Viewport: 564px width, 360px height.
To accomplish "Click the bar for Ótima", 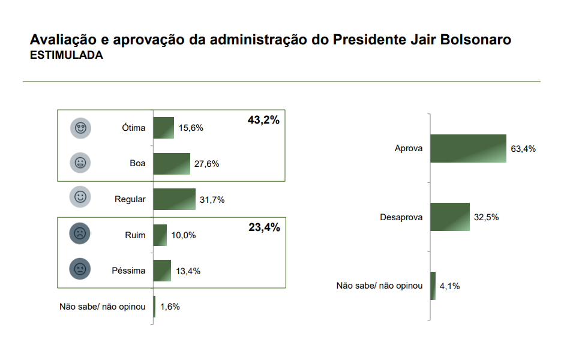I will click(x=164, y=128).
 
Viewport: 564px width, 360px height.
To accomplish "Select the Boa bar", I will click(x=172, y=163).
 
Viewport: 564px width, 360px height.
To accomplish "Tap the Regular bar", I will click(x=175, y=199).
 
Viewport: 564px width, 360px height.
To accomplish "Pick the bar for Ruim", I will click(x=160, y=235).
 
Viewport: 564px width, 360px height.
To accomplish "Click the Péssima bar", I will click(x=163, y=271).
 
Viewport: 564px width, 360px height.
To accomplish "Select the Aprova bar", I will click(x=468, y=149).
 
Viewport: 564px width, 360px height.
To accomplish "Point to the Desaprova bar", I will click(x=449, y=217).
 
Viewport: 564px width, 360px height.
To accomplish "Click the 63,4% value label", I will click(x=523, y=149).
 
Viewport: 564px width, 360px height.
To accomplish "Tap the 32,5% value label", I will click(x=486, y=217).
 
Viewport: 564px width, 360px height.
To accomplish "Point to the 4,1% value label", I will click(x=449, y=286).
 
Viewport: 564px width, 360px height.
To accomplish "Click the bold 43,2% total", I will click(x=264, y=120).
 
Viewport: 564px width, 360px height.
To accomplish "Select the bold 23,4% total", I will click(x=264, y=227).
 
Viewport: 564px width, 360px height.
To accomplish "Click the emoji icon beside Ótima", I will click(x=80, y=128).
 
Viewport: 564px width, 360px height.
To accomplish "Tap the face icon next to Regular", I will click(x=80, y=197).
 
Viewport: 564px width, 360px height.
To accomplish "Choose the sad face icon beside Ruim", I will click(x=80, y=233).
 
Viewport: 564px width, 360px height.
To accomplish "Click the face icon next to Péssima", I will click(x=80, y=269).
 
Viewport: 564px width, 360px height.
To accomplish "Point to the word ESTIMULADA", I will click(x=66, y=55).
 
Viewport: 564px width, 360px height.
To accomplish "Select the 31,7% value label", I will click(x=212, y=200).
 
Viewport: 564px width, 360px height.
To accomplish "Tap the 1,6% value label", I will click(x=170, y=307).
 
